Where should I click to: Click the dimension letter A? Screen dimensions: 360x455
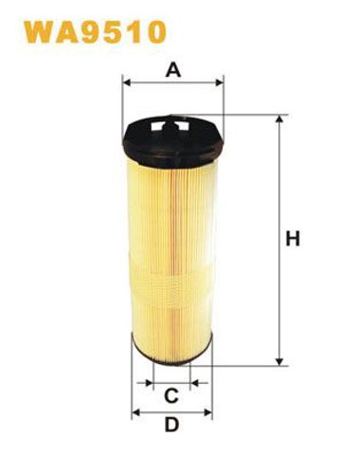[x=173, y=70]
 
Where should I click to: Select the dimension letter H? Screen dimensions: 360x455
[x=293, y=239]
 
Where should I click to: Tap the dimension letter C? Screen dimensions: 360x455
[x=171, y=395]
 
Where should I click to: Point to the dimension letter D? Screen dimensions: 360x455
[x=171, y=425]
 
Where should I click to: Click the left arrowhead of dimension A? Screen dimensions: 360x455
[x=126, y=83]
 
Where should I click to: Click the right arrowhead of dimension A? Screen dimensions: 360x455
[x=219, y=83]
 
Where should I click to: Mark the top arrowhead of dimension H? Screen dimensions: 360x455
[x=279, y=119]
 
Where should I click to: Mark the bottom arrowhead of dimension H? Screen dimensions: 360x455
[x=279, y=361]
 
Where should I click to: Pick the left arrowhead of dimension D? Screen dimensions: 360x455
[x=135, y=412]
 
